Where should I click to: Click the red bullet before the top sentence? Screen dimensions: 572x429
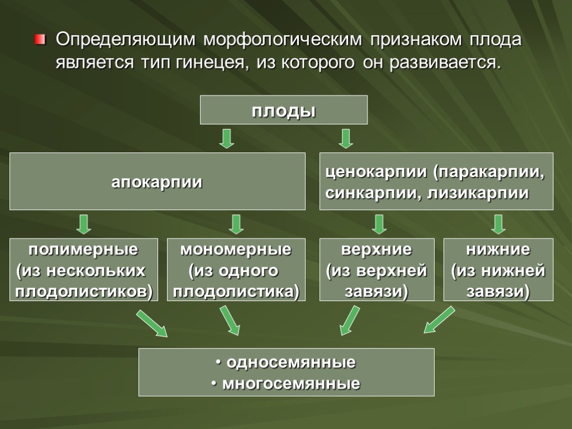[x=39, y=40]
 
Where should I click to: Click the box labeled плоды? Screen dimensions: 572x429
[x=284, y=110]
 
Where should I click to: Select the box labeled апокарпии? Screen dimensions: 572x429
[x=157, y=182]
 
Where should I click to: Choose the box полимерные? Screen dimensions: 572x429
[x=84, y=270]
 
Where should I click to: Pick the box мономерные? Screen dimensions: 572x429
[x=236, y=270]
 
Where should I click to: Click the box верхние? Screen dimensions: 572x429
[x=376, y=270]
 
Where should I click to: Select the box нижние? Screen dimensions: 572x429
[x=498, y=270]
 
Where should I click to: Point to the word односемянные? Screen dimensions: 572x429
[x=289, y=363]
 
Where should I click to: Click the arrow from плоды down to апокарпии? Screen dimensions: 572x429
[x=226, y=138]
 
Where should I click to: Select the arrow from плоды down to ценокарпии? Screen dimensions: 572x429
[x=346, y=138]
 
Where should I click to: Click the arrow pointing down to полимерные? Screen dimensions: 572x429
[x=84, y=224]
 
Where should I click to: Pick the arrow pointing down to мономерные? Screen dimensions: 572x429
[x=236, y=224]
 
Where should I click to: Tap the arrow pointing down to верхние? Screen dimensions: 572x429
[x=379, y=224]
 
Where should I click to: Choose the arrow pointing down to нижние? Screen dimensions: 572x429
[x=499, y=224]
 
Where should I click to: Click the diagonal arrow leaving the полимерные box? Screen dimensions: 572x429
[x=152, y=324]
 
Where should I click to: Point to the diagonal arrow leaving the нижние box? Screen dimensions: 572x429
[x=439, y=320]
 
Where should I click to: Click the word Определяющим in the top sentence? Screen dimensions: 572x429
[x=125, y=40]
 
